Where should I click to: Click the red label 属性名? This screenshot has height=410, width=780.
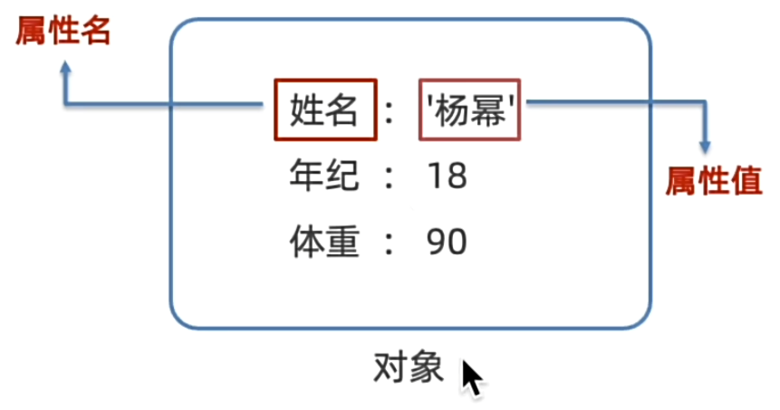click(x=63, y=31)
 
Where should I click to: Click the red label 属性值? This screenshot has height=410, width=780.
click(x=714, y=181)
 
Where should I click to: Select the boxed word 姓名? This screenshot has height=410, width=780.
click(x=325, y=110)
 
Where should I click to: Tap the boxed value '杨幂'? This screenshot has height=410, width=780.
click(x=469, y=110)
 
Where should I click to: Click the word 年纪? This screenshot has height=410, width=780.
click(x=323, y=176)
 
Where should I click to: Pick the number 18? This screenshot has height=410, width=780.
click(x=447, y=176)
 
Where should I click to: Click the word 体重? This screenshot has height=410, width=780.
click(x=324, y=242)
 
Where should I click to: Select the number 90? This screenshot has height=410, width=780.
click(x=447, y=243)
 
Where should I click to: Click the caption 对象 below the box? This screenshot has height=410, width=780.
click(x=408, y=367)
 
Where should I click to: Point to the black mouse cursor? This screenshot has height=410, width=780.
click(x=471, y=377)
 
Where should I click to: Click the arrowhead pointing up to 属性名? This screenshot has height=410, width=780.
click(x=65, y=68)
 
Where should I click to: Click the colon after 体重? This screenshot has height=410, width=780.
click(x=389, y=244)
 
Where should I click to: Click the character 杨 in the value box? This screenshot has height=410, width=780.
click(x=452, y=110)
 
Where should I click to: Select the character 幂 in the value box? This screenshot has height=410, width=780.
click(x=488, y=110)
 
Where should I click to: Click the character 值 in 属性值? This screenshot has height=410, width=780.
click(x=746, y=181)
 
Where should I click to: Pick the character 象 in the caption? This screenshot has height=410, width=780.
click(x=426, y=367)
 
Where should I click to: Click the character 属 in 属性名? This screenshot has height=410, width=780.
click(x=31, y=31)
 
